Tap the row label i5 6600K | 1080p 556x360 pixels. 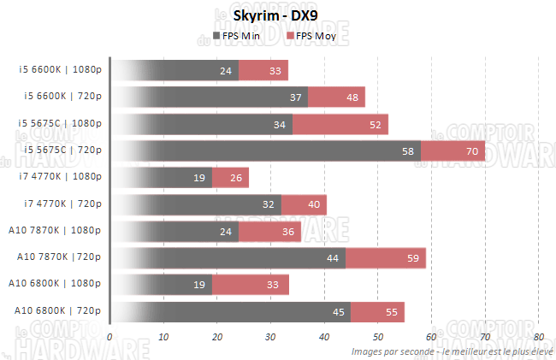(x=60, y=70)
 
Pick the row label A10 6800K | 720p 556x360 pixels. (x=59, y=310)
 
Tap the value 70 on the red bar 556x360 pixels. (x=471, y=151)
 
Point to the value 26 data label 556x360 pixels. (x=236, y=178)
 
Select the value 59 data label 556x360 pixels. (x=413, y=258)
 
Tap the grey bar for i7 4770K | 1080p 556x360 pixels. (x=163, y=178)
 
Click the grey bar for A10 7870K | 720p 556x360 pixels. (x=240, y=258)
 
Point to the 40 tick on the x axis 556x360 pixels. (x=323, y=337)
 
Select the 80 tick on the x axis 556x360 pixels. (x=538, y=337)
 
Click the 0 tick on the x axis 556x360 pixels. (x=109, y=337)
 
